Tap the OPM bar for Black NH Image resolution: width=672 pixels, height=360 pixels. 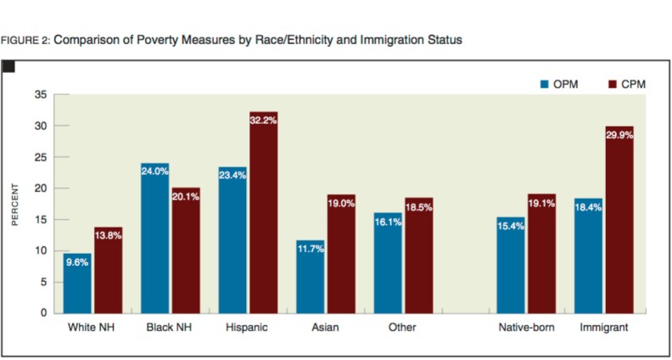pos(154,238)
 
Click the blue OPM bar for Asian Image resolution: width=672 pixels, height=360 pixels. pos(310,276)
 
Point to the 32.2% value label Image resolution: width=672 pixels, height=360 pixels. pos(263,121)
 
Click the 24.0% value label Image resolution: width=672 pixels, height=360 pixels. pos(154,172)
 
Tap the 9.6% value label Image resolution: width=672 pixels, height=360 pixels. pos(77,262)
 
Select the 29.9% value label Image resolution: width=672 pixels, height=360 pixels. pos(619,134)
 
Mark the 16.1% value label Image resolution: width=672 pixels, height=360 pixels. pos(388,221)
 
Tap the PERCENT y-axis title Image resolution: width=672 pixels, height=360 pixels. pos(14,203)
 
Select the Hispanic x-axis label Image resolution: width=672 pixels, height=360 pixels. pos(248,327)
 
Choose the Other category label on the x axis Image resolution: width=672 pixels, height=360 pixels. pos(403,327)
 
